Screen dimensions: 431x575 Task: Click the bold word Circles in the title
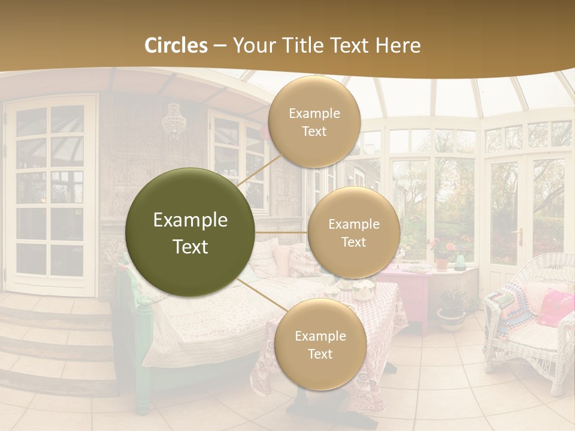point(176,45)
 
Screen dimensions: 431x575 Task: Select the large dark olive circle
point(190,233)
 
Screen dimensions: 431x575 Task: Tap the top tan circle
point(314,122)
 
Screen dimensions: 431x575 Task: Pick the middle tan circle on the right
point(353,233)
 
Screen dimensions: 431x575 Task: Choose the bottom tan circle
point(320,344)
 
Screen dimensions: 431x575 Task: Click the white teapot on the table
point(362,292)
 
